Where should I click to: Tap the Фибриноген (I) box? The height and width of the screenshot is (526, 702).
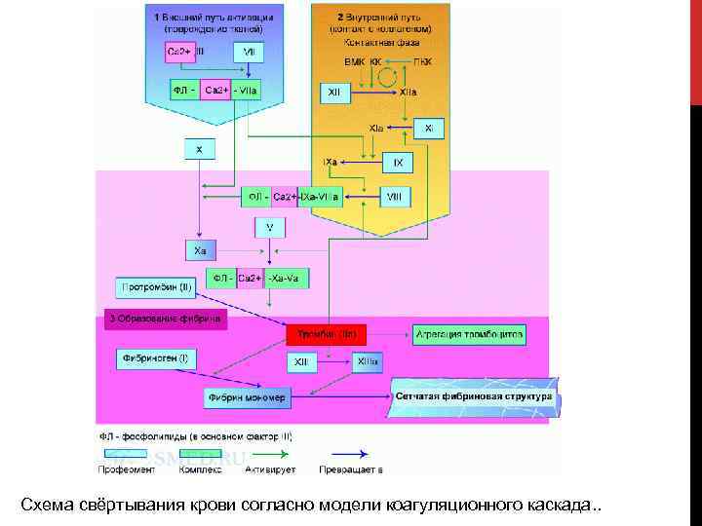(156, 359)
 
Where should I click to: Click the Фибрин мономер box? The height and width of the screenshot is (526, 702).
(248, 397)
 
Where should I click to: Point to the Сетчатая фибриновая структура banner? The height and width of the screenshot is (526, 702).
(472, 397)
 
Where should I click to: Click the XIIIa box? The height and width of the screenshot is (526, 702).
(367, 361)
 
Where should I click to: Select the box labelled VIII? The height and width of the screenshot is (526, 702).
(394, 197)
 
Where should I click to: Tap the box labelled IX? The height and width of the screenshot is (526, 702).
(398, 162)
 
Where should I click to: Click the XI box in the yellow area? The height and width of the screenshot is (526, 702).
(429, 128)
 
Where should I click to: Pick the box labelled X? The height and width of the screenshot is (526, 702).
(199, 150)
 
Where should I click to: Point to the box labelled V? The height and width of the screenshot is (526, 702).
(269, 227)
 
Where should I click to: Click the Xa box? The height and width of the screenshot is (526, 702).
(199, 251)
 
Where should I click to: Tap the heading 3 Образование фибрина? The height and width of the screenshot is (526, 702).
(165, 319)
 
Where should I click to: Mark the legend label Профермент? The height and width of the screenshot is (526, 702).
(126, 470)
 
